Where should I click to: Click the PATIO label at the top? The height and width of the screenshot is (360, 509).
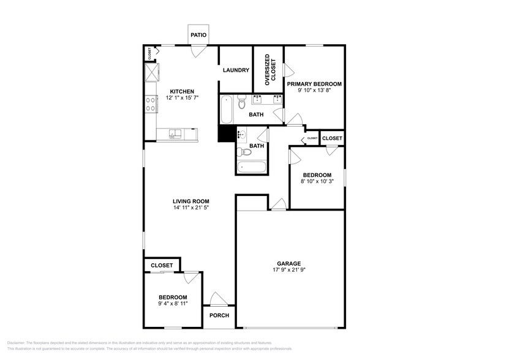click(x=198, y=36)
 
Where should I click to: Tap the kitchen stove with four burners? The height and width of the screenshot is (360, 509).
click(x=150, y=105)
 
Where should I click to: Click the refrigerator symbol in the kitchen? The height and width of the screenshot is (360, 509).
click(x=151, y=74)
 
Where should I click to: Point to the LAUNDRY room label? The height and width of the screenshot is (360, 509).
click(x=236, y=70)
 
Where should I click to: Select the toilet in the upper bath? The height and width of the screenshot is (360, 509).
click(x=242, y=102)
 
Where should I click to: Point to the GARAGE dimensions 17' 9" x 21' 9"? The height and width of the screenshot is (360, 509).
click(x=289, y=269)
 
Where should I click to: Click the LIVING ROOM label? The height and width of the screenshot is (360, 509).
click(x=191, y=201)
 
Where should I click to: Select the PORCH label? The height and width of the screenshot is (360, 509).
click(x=219, y=316)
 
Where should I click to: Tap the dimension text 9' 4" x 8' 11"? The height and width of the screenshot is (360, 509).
click(x=172, y=303)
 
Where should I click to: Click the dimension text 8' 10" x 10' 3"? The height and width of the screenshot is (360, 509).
click(x=317, y=181)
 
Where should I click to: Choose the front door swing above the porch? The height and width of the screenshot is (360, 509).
click(x=219, y=298)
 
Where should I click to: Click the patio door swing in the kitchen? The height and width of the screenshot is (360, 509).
click(x=196, y=51)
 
